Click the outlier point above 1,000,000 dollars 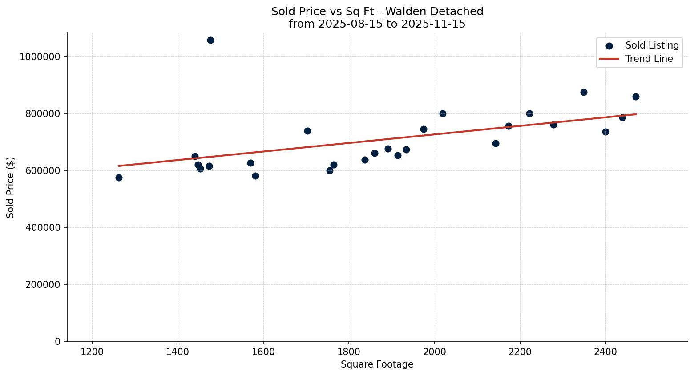click(210, 40)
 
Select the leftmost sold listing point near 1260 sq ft click(119, 178)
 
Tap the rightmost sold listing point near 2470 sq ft click(636, 97)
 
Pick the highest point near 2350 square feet click(584, 93)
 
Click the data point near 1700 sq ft click(307, 131)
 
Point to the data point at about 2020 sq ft click(443, 114)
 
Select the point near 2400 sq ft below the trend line click(605, 132)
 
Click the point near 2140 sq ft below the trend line click(496, 143)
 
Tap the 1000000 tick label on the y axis click(40, 57)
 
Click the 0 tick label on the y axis click(57, 341)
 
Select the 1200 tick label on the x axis click(92, 352)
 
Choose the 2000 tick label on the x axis click(434, 352)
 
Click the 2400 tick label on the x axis click(605, 352)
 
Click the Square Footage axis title click(377, 365)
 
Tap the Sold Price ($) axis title click(11, 187)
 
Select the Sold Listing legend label click(652, 45)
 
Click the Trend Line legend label click(649, 59)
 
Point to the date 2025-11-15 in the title click(433, 24)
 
